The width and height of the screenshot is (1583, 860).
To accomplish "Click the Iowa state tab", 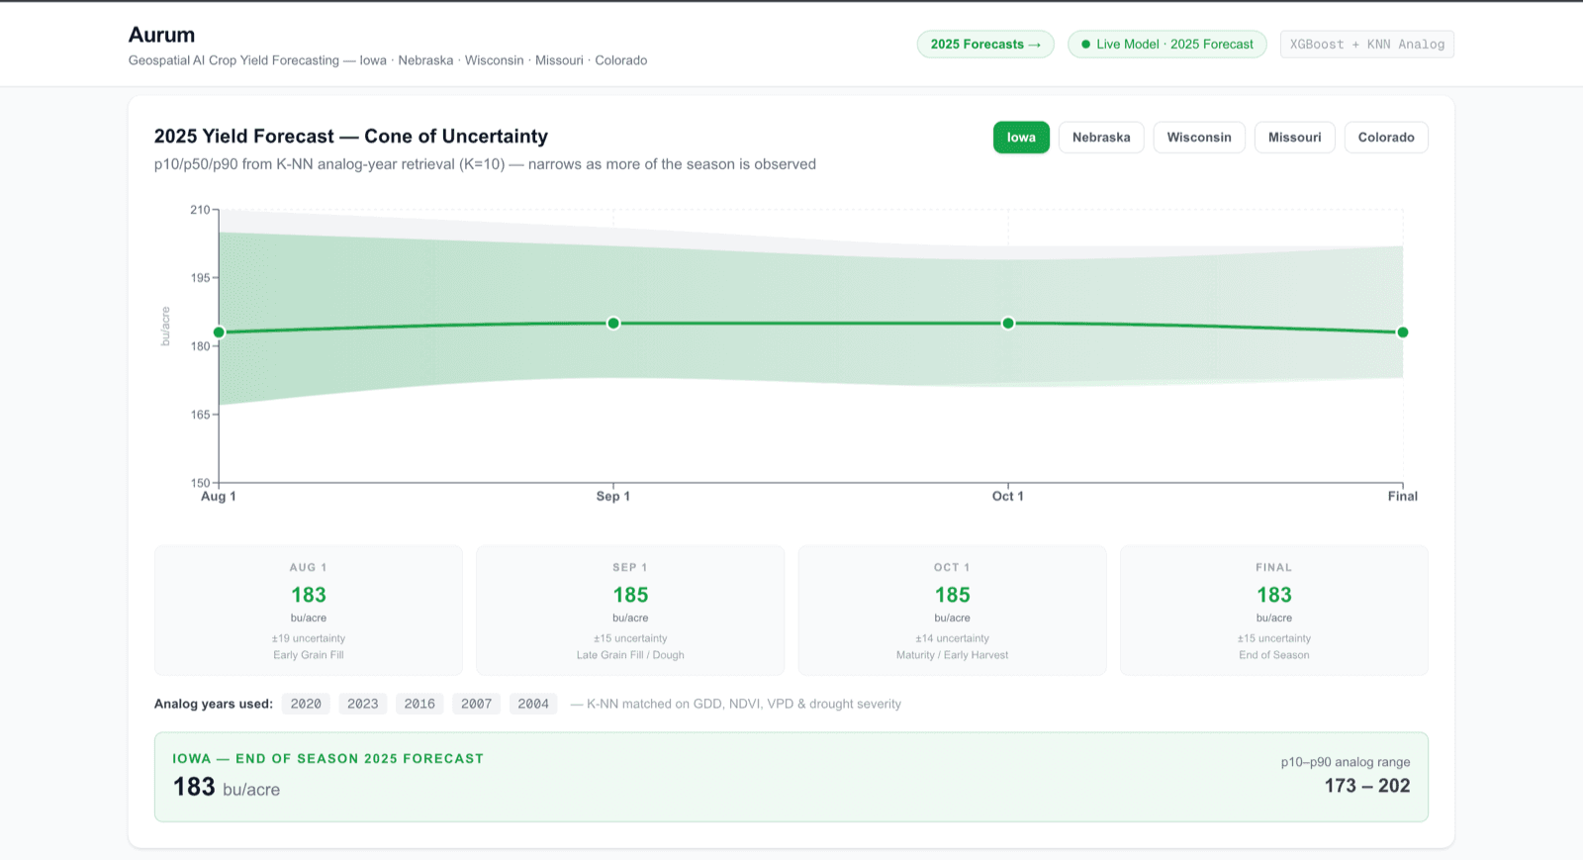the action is pos(1021,138).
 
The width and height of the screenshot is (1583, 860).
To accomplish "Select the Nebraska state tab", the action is pos(1101,138).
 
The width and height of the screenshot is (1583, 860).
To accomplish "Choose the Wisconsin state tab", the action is pos(1198,138).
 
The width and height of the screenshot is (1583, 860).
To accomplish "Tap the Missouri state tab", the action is pos(1294,138).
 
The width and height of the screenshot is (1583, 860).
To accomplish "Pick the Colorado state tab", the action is pos(1386,138).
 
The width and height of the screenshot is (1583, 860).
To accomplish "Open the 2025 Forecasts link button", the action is pos(985,44).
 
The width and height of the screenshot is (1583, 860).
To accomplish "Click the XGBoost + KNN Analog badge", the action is pos(1366,44).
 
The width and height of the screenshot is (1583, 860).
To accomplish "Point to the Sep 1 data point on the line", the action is pos(613,323).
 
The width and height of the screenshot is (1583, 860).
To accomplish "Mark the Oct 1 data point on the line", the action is pos(1008,323).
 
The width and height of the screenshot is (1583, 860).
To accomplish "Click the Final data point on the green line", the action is pos(1403,333).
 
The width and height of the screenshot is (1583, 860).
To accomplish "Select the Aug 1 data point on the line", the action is pos(219,333).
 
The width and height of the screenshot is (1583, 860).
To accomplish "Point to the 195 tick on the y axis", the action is pos(200,278).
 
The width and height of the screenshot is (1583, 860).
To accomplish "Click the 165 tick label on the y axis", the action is pos(200,414).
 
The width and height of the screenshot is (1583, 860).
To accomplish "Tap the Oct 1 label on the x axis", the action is pos(1008,496).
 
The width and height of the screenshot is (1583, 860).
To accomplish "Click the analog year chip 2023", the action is pos(362,704).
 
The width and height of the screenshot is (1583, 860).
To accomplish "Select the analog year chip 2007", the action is pos(476,704).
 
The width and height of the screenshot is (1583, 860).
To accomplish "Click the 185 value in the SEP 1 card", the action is pos(630,595).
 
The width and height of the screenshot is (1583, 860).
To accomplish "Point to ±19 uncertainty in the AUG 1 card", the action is pos(309,638).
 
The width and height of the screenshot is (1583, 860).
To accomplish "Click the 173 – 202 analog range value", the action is pos(1366,786).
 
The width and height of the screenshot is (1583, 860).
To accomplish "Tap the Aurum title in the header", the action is pos(161,35).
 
